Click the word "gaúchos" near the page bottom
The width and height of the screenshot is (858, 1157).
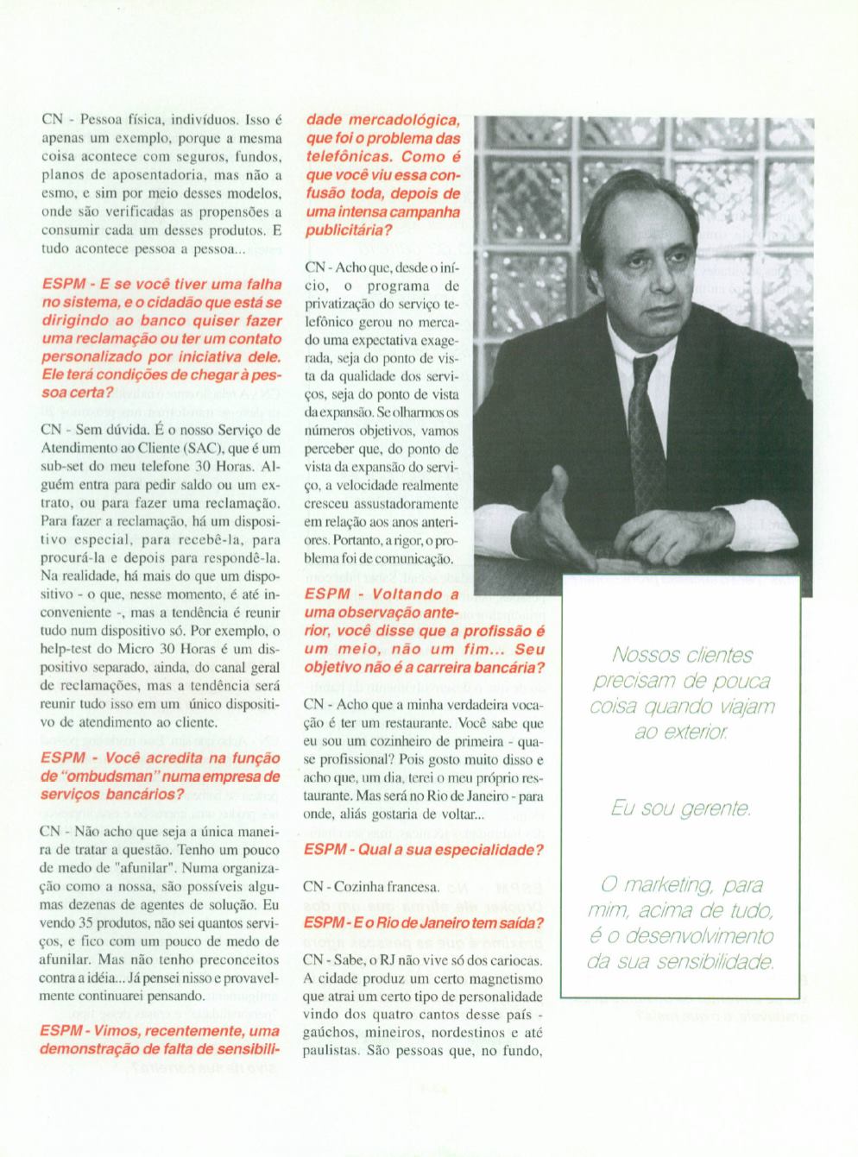click(331, 1034)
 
